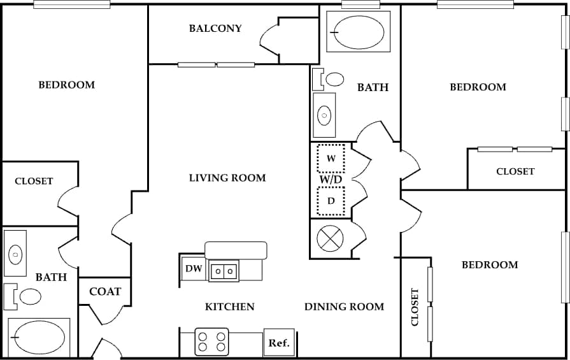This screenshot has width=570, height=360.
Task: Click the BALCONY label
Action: pyautogui.click(x=215, y=29)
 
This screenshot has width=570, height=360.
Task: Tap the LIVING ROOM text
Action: pyautogui.click(x=227, y=178)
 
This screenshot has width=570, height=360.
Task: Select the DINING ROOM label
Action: pyautogui.click(x=344, y=306)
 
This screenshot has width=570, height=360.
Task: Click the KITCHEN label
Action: pyautogui.click(x=230, y=306)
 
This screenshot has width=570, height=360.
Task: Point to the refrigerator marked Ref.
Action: pyautogui.click(x=279, y=343)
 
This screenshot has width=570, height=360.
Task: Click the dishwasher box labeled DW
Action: pyautogui.click(x=194, y=269)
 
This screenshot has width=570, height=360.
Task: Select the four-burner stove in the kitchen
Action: pyautogui.click(x=212, y=342)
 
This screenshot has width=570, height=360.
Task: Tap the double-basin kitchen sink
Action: pyautogui.click(x=224, y=270)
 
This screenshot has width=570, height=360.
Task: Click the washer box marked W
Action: pyautogui.click(x=331, y=159)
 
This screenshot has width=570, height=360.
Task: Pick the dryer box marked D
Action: pyautogui.click(x=331, y=201)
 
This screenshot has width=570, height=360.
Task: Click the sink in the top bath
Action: pyautogui.click(x=325, y=115)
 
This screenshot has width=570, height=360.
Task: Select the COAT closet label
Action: pyautogui.click(x=105, y=292)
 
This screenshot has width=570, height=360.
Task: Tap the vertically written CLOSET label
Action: pyautogui.click(x=415, y=307)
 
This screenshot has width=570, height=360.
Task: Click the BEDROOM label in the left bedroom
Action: pyautogui.click(x=67, y=85)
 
